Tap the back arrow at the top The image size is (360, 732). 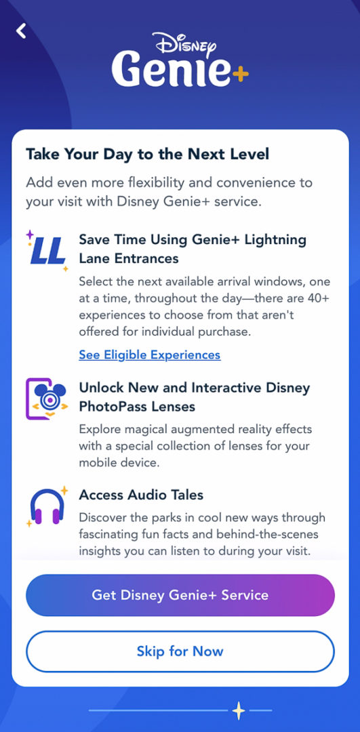pyautogui.click(x=22, y=30)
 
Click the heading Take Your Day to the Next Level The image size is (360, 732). pyautogui.click(x=147, y=154)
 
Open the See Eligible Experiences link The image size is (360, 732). pyautogui.click(x=149, y=354)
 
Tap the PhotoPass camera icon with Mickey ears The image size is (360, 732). pyautogui.click(x=47, y=399)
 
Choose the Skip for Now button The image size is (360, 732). pyautogui.click(x=180, y=651)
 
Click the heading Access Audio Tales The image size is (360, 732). pyautogui.click(x=141, y=495)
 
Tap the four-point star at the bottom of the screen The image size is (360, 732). pyautogui.click(x=238, y=710)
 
